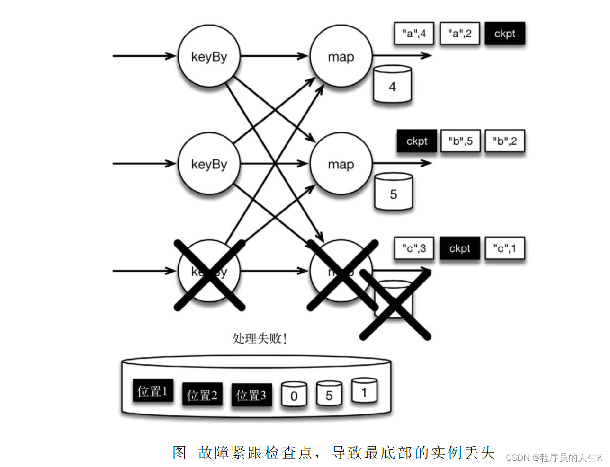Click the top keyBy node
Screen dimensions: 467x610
209,56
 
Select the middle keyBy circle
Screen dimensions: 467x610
209,164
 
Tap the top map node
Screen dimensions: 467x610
341,56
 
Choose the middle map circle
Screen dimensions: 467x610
341,164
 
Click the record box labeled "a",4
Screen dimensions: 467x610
414,34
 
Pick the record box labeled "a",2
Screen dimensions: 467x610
459,34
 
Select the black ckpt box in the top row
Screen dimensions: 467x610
505,34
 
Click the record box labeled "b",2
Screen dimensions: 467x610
505,141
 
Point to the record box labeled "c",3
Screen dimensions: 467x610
414,248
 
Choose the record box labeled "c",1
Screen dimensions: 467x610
505,248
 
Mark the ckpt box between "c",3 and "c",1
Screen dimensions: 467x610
459,248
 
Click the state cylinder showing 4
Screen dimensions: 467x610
392,85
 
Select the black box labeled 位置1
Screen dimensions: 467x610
152,391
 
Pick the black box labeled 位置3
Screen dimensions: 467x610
251,395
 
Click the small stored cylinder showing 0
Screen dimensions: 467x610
294,395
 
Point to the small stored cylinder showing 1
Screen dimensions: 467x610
364,391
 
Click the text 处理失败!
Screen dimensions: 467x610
260,338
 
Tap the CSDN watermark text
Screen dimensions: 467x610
554,458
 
